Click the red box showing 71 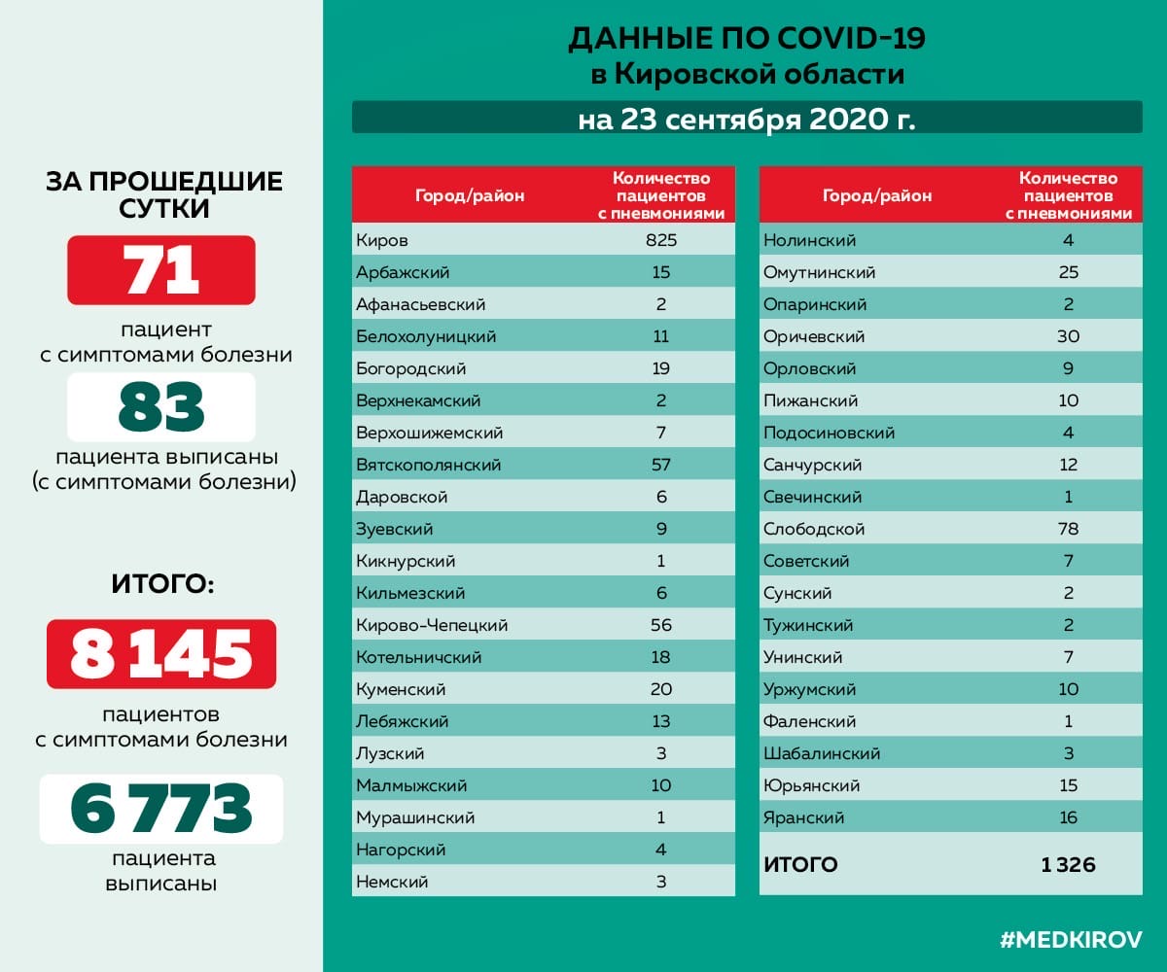pos(161,270)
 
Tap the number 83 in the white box pos(161,407)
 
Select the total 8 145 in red pos(161,654)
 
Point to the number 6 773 pos(161,809)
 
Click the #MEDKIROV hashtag pos(1071,939)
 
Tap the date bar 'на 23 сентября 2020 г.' pos(746,120)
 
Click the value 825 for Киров pos(661,240)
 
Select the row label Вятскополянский pos(429,465)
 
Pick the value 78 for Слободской pos(1068,529)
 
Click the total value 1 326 pos(1068,864)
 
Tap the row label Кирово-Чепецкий pos(432,625)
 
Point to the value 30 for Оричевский pos(1068,336)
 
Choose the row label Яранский pos(803,817)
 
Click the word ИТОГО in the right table pos(800,864)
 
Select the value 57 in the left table pos(661,465)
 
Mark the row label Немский pos(392,882)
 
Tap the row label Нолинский pos(809,240)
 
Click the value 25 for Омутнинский pos(1068,272)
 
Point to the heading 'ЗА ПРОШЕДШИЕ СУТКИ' pos(164,194)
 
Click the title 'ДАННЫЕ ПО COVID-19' pos(746,39)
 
